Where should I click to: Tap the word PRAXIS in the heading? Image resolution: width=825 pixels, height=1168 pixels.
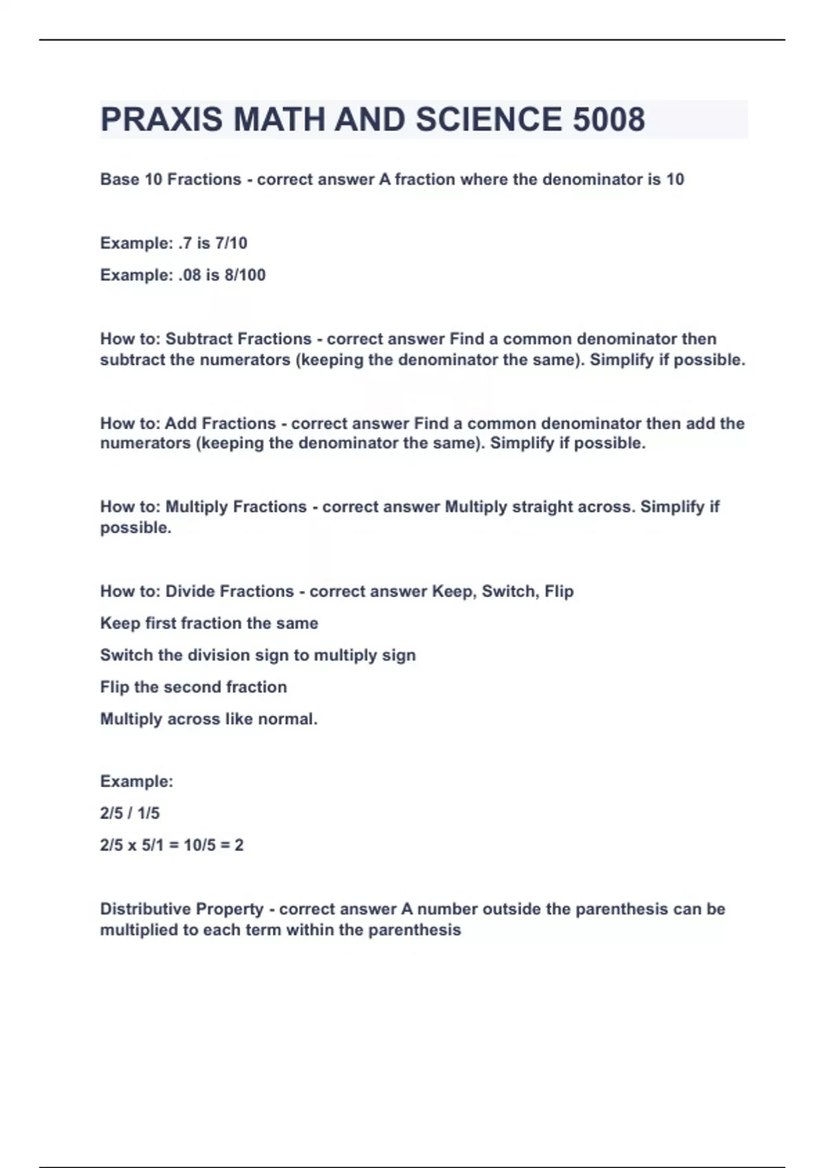point(162,120)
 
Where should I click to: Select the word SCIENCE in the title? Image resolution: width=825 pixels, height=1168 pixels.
point(488,120)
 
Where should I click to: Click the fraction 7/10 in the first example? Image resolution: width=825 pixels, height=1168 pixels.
point(231,243)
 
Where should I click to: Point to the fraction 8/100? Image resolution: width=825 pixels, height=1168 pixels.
point(245,275)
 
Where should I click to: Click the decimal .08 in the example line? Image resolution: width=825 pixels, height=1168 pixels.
point(189,275)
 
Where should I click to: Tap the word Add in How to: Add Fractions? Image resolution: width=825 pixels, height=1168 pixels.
point(180,423)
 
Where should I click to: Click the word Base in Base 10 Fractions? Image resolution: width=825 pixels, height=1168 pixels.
point(119,179)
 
